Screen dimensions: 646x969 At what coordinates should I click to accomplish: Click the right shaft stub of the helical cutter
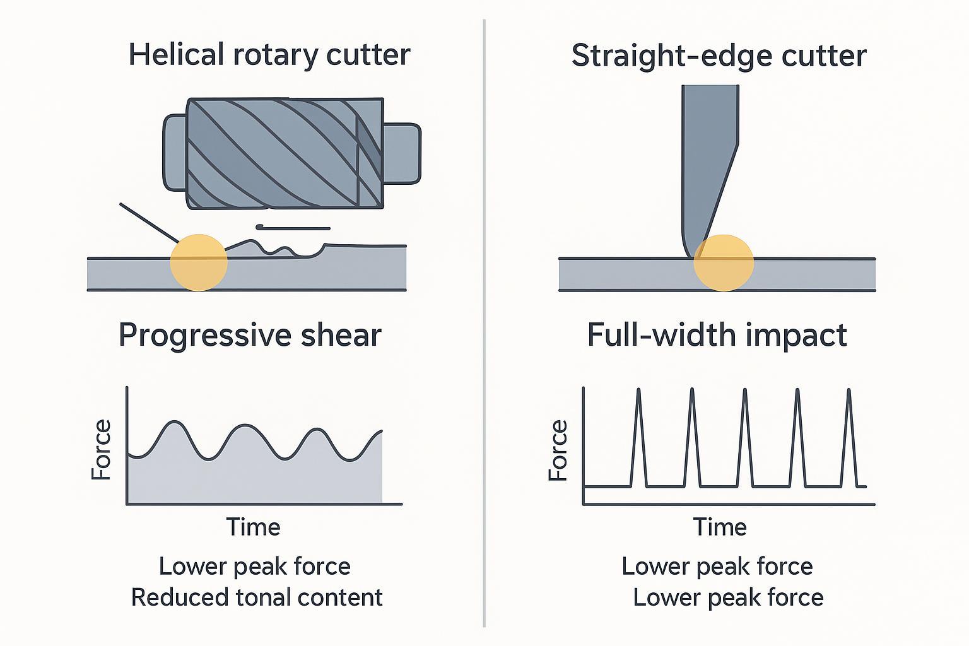tap(401, 153)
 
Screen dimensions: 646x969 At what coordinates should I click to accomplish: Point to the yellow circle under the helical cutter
tap(199, 262)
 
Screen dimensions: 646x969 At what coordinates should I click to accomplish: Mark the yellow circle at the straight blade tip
tap(724, 262)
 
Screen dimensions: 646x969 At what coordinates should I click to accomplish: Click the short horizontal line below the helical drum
tap(293, 228)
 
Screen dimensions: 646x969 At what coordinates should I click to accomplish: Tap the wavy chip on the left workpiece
tap(271, 247)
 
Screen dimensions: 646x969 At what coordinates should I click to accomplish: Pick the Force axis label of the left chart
tap(102, 449)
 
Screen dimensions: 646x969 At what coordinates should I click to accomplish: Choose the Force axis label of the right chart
tap(558, 450)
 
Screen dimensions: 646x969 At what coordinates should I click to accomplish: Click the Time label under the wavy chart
tap(253, 527)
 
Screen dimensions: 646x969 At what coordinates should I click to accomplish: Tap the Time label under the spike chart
tap(720, 527)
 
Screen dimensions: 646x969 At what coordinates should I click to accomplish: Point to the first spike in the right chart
tap(638, 435)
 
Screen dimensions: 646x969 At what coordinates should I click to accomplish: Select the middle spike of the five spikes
tap(745, 435)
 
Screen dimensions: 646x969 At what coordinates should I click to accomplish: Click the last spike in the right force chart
tap(849, 435)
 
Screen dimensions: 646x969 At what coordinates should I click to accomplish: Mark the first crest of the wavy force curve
tap(174, 423)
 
